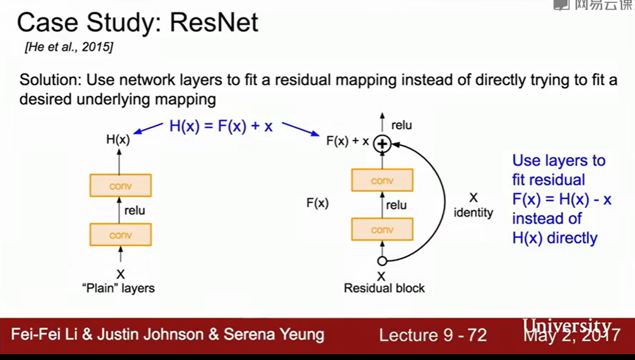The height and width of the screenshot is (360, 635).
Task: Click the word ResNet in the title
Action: pos(214,23)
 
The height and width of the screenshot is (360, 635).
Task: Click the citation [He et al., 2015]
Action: pos(69,47)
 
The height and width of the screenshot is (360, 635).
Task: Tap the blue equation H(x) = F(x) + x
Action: pos(221,126)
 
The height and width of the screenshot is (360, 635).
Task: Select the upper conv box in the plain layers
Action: pos(121,186)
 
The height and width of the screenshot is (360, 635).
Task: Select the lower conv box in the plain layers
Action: pos(121,235)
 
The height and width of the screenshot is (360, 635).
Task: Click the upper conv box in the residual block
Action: pos(382,181)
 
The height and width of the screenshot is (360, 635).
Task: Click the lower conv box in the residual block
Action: pos(382,229)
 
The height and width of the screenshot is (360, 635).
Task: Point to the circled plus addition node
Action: pos(382,144)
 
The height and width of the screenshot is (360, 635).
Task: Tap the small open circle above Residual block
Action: pos(382,261)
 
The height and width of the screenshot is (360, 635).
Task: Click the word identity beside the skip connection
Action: pos(473,213)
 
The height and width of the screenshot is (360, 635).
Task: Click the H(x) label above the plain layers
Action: pos(118,140)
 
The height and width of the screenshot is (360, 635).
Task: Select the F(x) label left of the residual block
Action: pos(317,203)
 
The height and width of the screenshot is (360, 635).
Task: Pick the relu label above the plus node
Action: pos(401,126)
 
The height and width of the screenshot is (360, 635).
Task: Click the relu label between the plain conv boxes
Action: pos(134,210)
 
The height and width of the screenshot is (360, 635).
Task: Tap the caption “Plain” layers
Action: pos(120,288)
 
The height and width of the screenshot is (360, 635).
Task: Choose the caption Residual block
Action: pos(384,288)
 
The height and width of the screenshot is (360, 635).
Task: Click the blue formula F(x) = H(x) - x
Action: pos(562,199)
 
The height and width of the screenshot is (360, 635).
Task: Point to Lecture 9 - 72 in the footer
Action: pos(433,335)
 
